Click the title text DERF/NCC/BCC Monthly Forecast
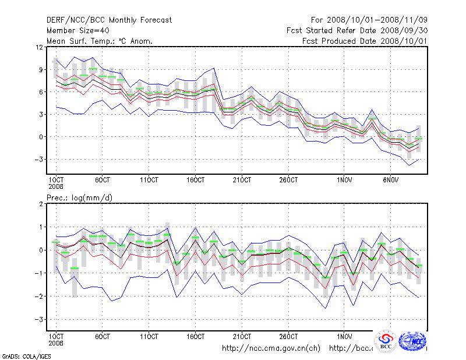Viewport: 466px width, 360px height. (x=109, y=20)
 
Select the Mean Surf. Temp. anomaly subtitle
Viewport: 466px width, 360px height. (x=100, y=41)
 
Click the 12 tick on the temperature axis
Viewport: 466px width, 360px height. (x=40, y=47)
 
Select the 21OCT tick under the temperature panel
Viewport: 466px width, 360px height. (x=242, y=181)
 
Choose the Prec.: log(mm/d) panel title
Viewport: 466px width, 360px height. (x=80, y=198)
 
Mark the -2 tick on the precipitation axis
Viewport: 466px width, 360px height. (x=39, y=297)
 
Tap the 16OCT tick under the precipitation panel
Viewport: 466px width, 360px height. (x=196, y=337)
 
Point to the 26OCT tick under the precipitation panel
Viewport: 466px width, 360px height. (x=289, y=337)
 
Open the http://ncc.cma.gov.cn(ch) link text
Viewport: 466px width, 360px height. (x=271, y=348)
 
